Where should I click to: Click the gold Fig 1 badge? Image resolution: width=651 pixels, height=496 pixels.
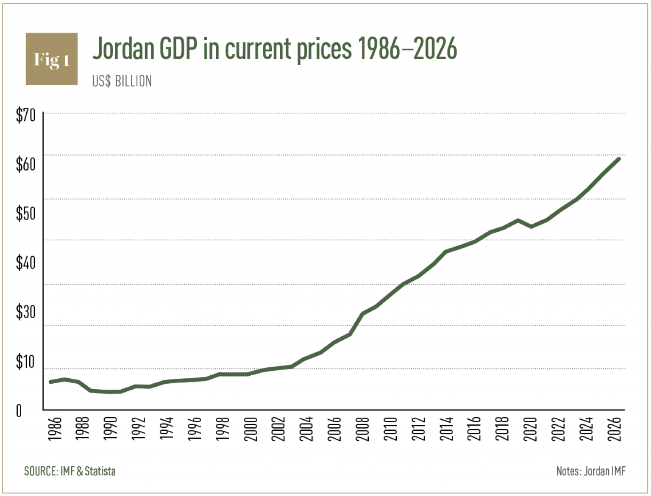click(x=52, y=59)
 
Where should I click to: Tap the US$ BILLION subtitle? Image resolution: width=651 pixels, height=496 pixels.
click(x=122, y=81)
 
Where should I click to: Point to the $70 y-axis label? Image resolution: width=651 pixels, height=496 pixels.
click(x=25, y=115)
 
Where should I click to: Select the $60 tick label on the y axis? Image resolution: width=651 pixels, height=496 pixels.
click(x=25, y=164)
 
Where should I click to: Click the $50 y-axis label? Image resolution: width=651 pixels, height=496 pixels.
click(x=25, y=213)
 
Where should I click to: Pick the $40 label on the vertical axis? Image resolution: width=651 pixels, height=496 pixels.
click(x=25, y=263)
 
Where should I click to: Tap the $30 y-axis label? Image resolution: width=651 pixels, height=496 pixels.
click(x=25, y=312)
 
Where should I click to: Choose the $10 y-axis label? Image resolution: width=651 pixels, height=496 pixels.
click(x=25, y=362)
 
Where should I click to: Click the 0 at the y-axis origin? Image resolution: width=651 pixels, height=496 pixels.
click(x=19, y=410)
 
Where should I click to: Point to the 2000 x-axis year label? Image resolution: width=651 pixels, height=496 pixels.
click(x=252, y=429)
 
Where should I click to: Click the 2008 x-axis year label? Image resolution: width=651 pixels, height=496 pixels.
click(x=364, y=429)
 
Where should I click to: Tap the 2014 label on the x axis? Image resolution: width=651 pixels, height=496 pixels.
click(x=448, y=429)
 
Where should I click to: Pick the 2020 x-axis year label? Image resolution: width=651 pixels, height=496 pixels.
click(x=531, y=429)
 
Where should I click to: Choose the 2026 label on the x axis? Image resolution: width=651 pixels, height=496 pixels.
click(x=615, y=429)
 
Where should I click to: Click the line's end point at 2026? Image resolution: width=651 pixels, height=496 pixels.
click(x=618, y=159)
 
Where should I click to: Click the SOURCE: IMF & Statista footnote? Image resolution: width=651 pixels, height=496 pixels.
click(x=70, y=471)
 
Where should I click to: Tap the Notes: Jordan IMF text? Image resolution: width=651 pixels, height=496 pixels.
click(x=590, y=471)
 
